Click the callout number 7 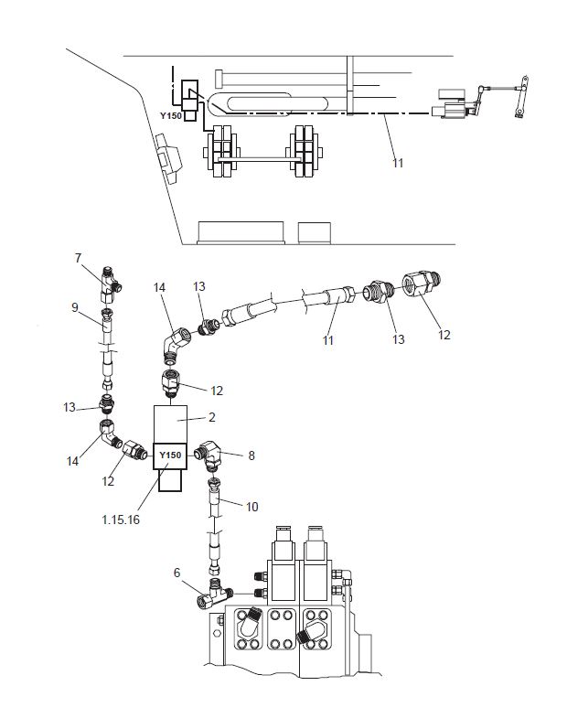78,258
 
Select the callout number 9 75,307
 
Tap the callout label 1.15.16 121,520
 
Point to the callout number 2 211,417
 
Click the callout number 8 251,455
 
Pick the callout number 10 252,507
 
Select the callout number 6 177,573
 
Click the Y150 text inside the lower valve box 170,455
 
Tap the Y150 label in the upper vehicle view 171,116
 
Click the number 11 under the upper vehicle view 398,163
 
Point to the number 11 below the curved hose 328,340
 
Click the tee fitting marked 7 110,284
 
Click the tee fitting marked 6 214,595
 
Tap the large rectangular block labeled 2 170,424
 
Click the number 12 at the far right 444,335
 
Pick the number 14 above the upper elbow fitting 159,287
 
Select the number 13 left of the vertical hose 70,407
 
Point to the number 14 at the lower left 72,461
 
